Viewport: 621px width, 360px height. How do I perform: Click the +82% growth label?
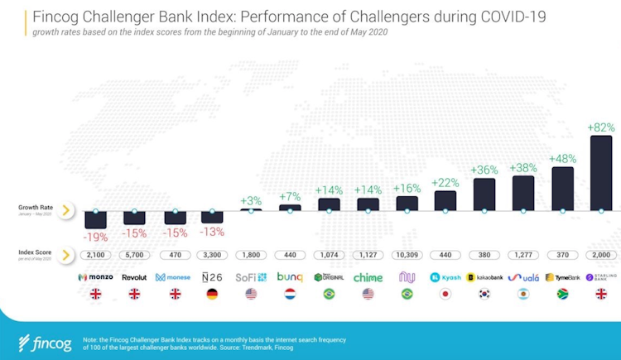coord(601,127)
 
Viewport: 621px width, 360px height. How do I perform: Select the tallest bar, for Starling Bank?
coord(601,173)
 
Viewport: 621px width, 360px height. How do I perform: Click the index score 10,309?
coord(407,255)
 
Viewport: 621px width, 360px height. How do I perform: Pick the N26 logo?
coord(212,277)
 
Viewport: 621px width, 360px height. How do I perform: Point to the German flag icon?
coord(212,294)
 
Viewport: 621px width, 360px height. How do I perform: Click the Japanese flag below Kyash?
coord(445,294)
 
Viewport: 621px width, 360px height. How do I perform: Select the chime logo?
coord(368,277)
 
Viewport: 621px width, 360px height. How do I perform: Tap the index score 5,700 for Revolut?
coord(134,255)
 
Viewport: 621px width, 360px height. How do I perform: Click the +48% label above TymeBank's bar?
coord(562,158)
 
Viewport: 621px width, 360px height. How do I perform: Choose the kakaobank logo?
coord(484,277)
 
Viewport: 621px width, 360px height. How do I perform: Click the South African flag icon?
coord(562,294)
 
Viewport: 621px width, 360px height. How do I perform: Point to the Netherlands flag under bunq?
coord(290,294)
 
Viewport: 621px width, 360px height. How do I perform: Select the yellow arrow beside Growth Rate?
coord(65,210)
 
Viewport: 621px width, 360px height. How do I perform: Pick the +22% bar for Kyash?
coord(445,200)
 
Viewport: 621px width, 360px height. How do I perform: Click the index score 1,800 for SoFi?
coord(251,255)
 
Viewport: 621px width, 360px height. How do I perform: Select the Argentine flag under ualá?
coord(523,294)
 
